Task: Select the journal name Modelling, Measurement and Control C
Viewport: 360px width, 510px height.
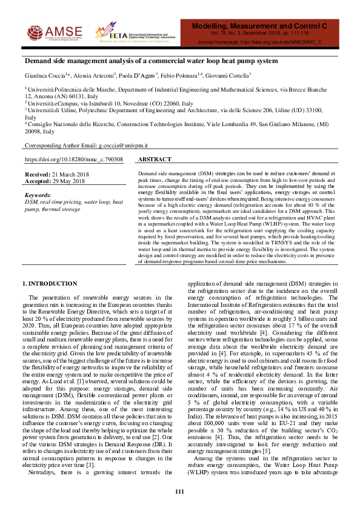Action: click(x=259, y=27)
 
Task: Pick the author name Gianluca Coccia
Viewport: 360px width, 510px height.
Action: click(x=44, y=75)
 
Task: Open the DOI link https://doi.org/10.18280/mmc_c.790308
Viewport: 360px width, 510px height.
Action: click(x=73, y=159)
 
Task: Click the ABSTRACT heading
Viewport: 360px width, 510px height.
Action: click(x=155, y=159)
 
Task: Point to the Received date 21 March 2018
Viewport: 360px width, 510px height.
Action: click(x=67, y=174)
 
